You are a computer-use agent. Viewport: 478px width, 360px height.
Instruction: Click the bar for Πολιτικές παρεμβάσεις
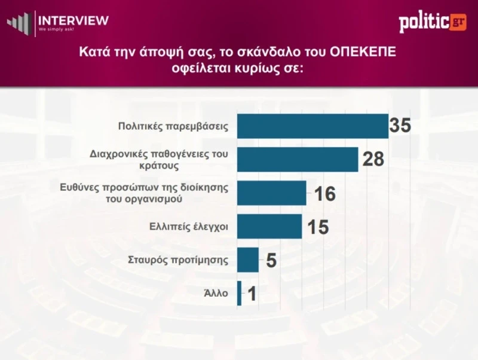(312, 126)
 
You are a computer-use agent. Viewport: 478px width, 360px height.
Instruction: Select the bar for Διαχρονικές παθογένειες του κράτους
(298, 160)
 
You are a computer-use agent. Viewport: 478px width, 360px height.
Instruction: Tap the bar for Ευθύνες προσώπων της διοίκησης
(272, 193)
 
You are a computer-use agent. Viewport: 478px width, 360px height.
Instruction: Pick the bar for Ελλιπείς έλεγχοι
(269, 227)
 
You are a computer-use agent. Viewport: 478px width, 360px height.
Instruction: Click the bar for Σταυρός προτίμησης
(248, 260)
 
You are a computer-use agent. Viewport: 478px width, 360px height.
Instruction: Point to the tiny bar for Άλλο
(240, 294)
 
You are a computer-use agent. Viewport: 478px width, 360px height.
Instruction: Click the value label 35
(401, 126)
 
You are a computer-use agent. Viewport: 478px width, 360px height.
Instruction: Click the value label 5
(271, 261)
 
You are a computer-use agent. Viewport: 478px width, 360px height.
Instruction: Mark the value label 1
(252, 294)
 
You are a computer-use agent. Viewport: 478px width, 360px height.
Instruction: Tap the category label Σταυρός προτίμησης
(179, 260)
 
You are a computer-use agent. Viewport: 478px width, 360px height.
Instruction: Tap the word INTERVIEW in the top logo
(73, 20)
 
